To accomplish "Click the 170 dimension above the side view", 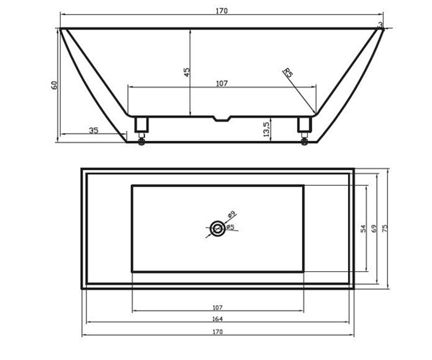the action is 222,11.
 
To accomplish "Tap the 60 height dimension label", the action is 54,85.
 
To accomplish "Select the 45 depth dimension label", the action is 186,72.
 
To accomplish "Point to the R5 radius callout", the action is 288,73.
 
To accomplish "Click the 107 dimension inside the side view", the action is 222,84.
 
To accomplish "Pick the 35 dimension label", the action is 94,131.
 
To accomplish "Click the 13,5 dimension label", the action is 266,129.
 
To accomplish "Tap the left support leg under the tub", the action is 141,125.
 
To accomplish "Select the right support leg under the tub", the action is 304,125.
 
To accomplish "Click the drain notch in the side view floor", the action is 222,119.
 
